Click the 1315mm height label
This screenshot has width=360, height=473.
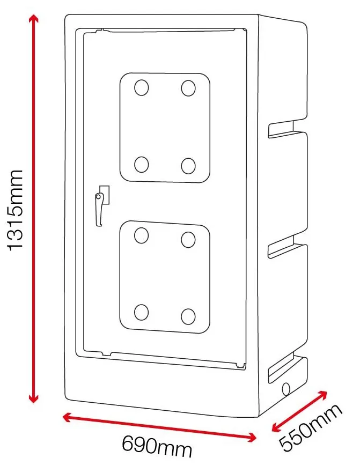pyautogui.click(x=16, y=209)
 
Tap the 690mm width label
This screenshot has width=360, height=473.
pyautogui.click(x=157, y=446)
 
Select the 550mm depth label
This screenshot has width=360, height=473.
pyautogui.click(x=311, y=428)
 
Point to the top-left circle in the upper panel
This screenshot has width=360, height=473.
pyautogui.click(x=141, y=88)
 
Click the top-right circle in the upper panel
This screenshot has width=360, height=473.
pyautogui.click(x=188, y=88)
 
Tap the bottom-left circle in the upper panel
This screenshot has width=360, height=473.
pyautogui.click(x=141, y=165)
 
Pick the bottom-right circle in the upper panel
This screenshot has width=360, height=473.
pyautogui.click(x=188, y=166)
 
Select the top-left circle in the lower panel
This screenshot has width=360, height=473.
pyautogui.click(x=141, y=235)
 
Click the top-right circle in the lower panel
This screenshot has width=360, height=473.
pyautogui.click(x=188, y=239)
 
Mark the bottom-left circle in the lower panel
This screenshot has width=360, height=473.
pyautogui.click(x=141, y=312)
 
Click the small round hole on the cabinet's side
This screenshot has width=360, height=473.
pyautogui.click(x=286, y=387)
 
